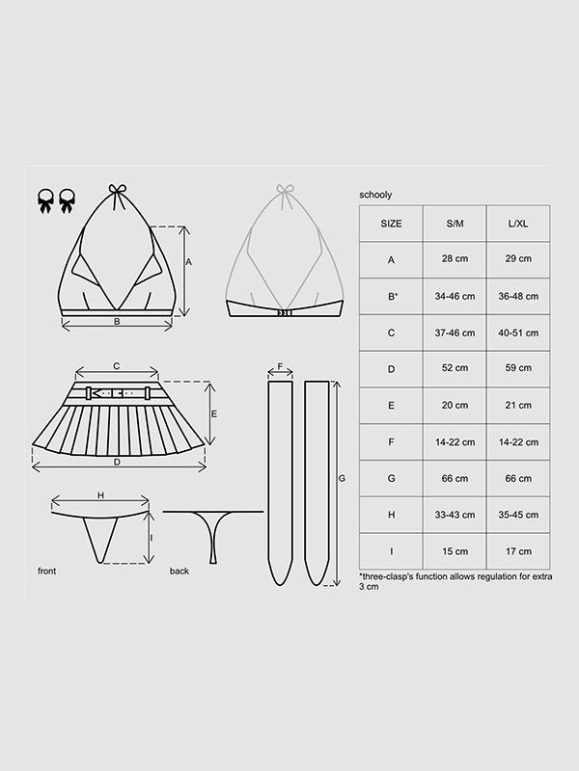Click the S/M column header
[455, 224]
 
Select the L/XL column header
[518, 224]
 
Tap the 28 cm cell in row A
[455, 258]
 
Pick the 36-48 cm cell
[518, 296]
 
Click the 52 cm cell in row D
[455, 368]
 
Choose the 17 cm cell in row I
[518, 551]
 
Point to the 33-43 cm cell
[455, 515]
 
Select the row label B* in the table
[393, 296]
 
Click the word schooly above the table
[375, 195]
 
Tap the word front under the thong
[46, 571]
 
